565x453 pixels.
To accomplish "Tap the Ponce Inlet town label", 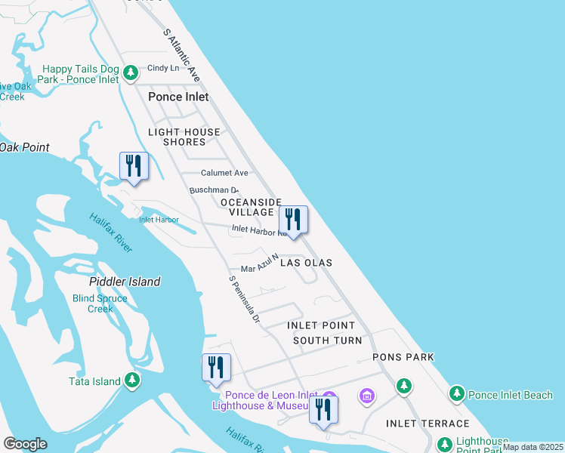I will [x=178, y=97].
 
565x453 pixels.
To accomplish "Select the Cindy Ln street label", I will [x=163, y=67].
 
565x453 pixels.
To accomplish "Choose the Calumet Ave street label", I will [x=224, y=173].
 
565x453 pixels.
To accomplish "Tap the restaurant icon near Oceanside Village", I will [x=293, y=220].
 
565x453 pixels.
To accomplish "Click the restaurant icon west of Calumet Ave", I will [x=134, y=167].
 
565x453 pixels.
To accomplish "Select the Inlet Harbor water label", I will [x=159, y=220].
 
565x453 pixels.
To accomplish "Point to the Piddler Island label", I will [x=125, y=282].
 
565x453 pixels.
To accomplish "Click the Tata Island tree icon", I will [x=133, y=380].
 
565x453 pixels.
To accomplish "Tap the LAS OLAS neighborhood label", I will [x=306, y=263].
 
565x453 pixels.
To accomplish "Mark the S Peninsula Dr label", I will [x=244, y=299].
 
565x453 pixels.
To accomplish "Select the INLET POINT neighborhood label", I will [x=321, y=325].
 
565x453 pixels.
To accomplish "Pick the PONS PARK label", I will [x=403, y=357].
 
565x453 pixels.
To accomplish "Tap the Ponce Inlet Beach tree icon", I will [x=456, y=393].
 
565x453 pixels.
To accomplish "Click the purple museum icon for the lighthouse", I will [x=367, y=396].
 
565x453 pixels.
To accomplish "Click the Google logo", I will [x=25, y=444].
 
